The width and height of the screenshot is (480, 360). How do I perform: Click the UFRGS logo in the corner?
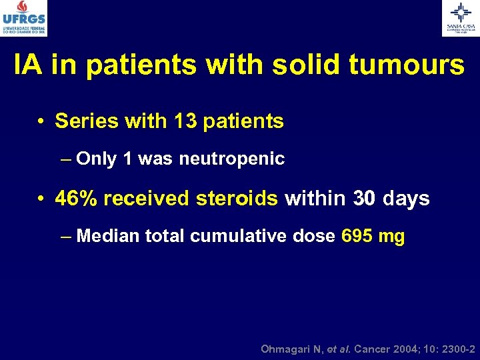[x=25, y=18]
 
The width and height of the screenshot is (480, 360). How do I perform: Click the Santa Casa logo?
[x=460, y=18]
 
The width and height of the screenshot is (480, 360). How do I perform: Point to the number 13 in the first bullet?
[x=186, y=121]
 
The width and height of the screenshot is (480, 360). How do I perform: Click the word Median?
[x=107, y=236]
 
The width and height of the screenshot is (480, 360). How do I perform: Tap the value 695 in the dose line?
[x=355, y=236]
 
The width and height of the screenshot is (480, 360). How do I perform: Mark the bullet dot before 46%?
[x=41, y=199]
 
